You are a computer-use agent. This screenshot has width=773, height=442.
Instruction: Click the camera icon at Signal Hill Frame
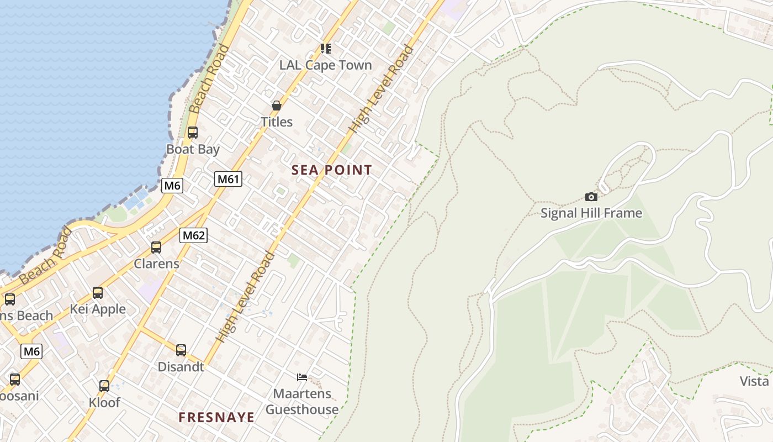(591, 197)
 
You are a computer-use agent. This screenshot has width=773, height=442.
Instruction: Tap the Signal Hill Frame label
(591, 213)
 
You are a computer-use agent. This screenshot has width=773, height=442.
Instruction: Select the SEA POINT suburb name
(332, 170)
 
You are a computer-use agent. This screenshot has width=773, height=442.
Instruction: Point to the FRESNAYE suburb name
(216, 417)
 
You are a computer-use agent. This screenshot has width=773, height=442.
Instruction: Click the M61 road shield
(229, 179)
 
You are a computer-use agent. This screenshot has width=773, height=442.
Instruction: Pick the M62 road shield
(193, 235)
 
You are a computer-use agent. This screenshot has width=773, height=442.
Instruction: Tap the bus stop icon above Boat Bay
(192, 133)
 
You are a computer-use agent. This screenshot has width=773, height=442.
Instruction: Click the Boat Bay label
(193, 149)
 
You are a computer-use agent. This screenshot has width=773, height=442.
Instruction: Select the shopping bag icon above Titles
(276, 106)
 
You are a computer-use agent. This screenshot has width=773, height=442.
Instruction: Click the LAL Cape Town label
(325, 65)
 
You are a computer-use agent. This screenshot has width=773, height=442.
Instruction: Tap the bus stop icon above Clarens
(156, 248)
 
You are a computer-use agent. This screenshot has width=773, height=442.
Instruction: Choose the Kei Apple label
(98, 309)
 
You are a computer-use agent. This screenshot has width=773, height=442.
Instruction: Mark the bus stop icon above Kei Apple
(98, 293)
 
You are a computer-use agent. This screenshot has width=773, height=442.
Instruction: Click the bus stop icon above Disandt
(181, 350)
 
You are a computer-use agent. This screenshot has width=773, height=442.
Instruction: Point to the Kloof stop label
(104, 402)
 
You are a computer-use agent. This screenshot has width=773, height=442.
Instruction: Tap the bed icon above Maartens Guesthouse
(302, 377)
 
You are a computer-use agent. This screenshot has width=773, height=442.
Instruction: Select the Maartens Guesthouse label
(302, 402)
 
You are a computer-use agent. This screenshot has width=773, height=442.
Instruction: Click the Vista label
(754, 381)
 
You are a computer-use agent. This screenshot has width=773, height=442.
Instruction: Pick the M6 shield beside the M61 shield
(172, 186)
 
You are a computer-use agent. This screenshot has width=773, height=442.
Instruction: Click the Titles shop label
(277, 122)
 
